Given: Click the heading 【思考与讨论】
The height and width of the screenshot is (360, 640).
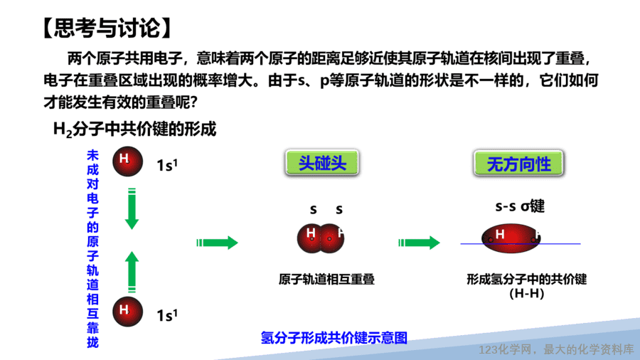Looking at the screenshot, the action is coord(107,28).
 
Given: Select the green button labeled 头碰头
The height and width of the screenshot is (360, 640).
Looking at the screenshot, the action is coord(322,163).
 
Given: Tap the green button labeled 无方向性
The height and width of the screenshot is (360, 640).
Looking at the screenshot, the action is coord(518,164).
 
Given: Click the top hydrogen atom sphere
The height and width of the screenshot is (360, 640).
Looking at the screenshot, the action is coord(128,162).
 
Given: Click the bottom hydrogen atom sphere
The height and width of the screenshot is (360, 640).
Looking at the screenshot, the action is coord(128,312).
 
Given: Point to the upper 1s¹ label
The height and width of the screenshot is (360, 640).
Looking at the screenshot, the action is coord(167,165).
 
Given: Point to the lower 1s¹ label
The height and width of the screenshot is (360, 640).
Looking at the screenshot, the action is coord(167,315).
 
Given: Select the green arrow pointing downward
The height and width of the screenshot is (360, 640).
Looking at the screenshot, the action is coord(132,209).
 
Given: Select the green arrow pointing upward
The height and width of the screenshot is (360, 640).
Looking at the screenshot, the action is coord(132,272).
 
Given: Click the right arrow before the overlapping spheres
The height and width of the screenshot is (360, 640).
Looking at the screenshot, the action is coord(217,243).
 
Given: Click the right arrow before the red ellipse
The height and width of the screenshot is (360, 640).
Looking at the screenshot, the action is coord(419,243).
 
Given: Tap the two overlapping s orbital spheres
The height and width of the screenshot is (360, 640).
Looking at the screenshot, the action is coord(321,238).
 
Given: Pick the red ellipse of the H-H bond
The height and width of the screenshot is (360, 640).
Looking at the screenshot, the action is coord(511,238).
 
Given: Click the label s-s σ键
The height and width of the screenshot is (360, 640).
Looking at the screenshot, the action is coord(520,206).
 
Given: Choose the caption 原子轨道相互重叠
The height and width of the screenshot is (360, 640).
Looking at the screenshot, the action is coord(326,279).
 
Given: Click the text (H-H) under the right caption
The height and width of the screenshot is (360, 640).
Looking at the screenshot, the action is coord(526,293).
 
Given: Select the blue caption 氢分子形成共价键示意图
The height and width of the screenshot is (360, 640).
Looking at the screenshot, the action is coord(334,338).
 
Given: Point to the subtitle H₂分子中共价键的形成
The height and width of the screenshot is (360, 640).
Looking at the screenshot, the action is coord(134,129).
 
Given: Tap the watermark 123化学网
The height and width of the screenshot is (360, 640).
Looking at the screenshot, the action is coord(506,350).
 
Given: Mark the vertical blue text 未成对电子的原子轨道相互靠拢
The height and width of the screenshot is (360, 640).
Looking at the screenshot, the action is coord(92,249).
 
